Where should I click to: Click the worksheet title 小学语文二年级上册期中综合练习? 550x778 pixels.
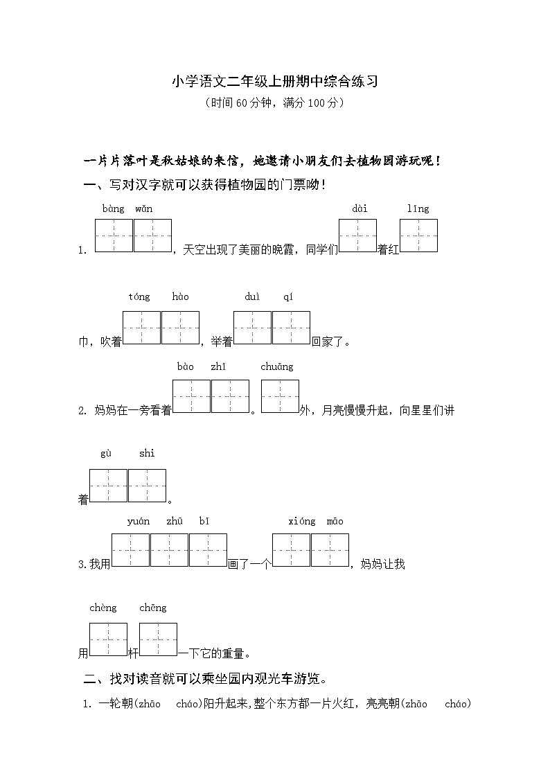tap(274, 82)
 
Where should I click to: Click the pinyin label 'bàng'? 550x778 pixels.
tap(113, 209)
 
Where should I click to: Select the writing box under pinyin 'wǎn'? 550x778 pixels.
tap(152, 236)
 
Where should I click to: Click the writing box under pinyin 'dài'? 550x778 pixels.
tap(357, 236)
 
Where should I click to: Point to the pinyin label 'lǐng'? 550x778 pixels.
tap(418, 209)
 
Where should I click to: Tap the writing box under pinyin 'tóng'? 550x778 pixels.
tap(141, 328)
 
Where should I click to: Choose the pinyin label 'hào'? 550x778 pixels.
tap(180, 297)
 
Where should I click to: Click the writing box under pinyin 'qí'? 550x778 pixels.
tap(291, 328)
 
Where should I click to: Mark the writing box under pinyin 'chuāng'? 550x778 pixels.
tap(280, 396)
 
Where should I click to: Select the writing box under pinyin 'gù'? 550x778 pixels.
tap(108, 486)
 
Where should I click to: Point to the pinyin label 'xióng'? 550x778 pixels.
tap(301, 522)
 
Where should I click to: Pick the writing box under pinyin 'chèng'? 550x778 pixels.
tap(108, 639)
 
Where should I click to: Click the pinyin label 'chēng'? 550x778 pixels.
tap(153, 608)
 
